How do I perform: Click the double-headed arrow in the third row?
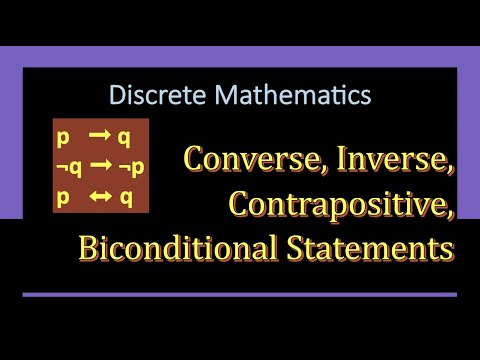click(103, 196)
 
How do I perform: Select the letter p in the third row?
click(62, 196)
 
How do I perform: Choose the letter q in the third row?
click(126, 196)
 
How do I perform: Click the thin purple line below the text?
click(240, 294)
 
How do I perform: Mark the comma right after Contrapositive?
click(453, 212)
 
